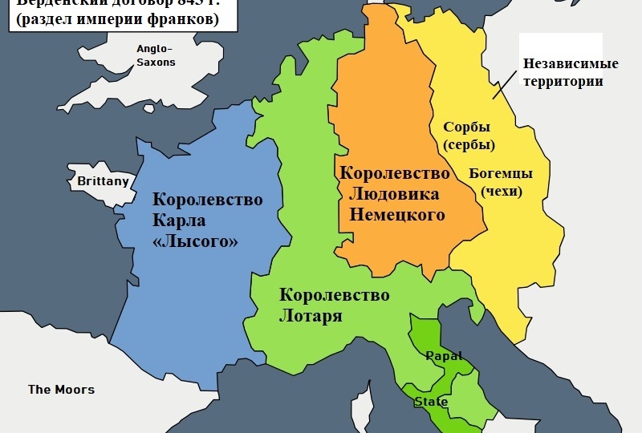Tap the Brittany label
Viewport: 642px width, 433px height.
(103, 182)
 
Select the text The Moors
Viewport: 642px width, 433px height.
(61, 390)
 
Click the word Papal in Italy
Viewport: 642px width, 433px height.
(444, 355)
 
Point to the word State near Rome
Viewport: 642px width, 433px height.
(431, 402)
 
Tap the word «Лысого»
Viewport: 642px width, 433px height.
(195, 241)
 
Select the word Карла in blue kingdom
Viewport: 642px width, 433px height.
(179, 221)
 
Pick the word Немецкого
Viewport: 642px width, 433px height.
(396, 214)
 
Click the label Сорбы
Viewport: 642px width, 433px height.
(466, 127)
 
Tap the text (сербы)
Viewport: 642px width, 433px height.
(468, 145)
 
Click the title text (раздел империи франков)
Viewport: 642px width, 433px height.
(115, 20)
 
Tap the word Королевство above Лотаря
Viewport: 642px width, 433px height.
(334, 295)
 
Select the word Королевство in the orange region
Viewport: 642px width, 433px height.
(395, 172)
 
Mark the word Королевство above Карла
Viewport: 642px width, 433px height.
(207, 200)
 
